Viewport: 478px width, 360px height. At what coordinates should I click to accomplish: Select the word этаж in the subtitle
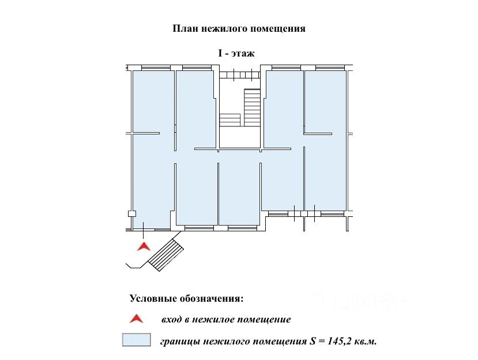(242, 54)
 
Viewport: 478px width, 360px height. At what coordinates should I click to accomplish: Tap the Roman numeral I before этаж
(220, 53)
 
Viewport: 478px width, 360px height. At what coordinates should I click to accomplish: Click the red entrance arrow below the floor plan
(144, 246)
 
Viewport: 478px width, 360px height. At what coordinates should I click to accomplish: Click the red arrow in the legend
(136, 318)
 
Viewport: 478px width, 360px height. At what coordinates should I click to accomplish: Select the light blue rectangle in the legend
(136, 340)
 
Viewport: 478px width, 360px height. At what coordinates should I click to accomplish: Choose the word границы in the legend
(180, 342)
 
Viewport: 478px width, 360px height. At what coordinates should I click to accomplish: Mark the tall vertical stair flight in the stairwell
(252, 107)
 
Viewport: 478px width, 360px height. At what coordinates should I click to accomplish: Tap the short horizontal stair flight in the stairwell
(230, 120)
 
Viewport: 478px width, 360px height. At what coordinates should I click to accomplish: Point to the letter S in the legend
(312, 341)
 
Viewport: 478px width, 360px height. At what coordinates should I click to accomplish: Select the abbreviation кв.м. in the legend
(366, 341)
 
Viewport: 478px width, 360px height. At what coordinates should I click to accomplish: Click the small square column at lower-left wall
(131, 213)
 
